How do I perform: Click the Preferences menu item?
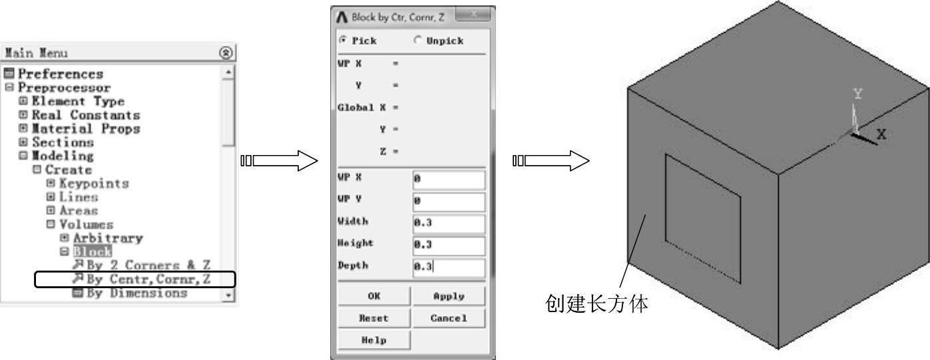(x=60, y=73)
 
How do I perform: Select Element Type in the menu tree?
(x=77, y=101)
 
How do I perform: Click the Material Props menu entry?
(x=86, y=128)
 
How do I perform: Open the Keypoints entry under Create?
(x=93, y=183)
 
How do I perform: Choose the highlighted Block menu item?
(x=83, y=252)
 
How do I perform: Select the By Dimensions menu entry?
(x=136, y=293)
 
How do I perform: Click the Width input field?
(x=448, y=223)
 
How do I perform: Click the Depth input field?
(x=448, y=268)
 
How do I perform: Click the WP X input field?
(x=448, y=180)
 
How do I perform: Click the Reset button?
(x=373, y=318)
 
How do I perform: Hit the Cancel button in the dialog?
(x=448, y=318)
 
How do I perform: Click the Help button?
(x=373, y=339)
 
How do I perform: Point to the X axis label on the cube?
(x=881, y=134)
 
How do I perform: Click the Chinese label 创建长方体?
(x=596, y=304)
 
